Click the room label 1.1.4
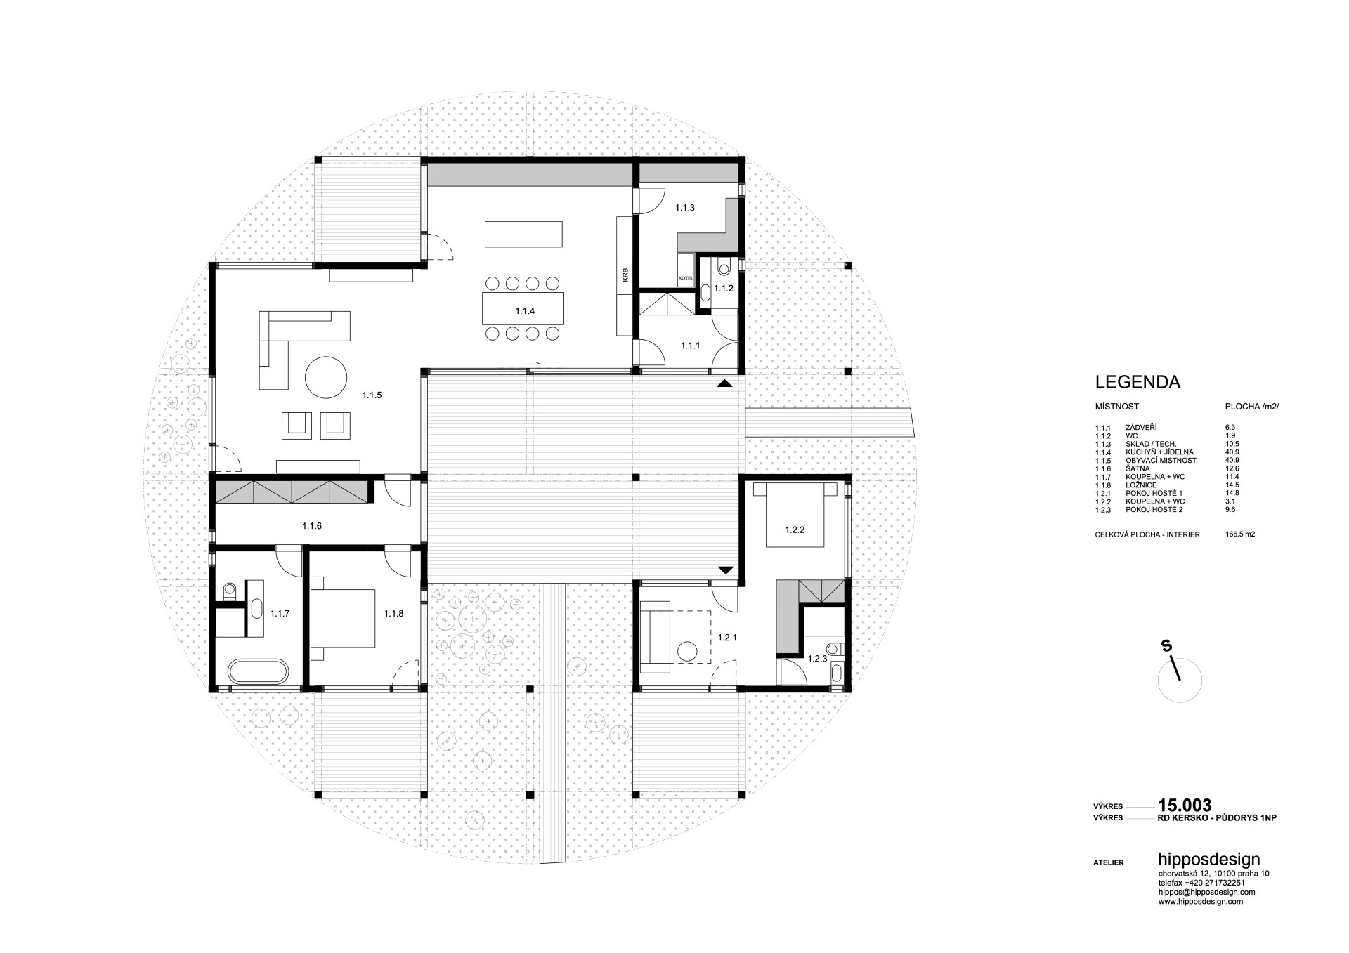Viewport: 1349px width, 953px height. pos(525,310)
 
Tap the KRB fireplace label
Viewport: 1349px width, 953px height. pos(625,275)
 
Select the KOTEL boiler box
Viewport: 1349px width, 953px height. pos(686,279)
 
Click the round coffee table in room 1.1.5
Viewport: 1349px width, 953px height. pos(326,377)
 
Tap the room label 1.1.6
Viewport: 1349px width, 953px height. pos(312,525)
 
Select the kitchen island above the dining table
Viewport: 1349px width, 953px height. pos(523,234)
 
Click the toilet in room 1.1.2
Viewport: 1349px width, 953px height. pos(724,267)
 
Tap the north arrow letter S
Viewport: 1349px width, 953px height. pos(1166,646)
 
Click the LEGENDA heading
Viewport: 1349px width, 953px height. pos(1138,383)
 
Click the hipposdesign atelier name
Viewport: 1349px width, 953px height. pos(1209,860)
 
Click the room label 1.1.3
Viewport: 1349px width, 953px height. pos(685,208)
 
